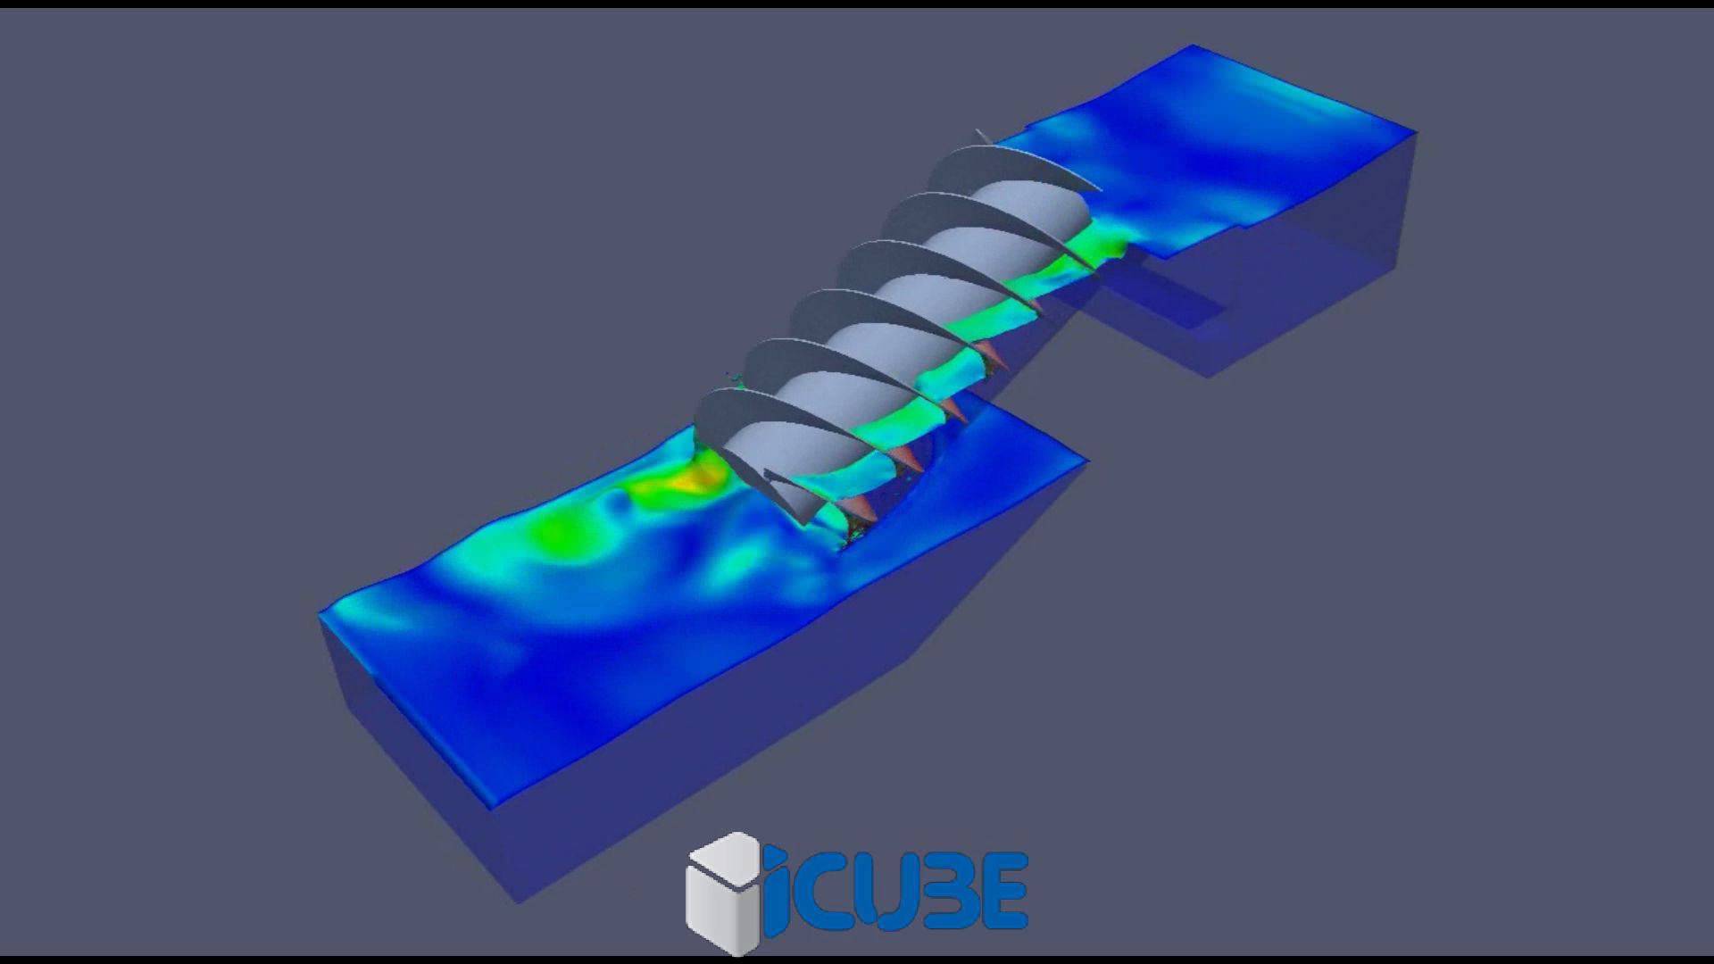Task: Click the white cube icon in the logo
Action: [x=721, y=893]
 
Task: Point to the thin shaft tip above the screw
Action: [x=981, y=137]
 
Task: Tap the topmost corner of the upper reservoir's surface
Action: [x=1194, y=46]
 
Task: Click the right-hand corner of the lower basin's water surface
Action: [x=1086, y=461]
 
